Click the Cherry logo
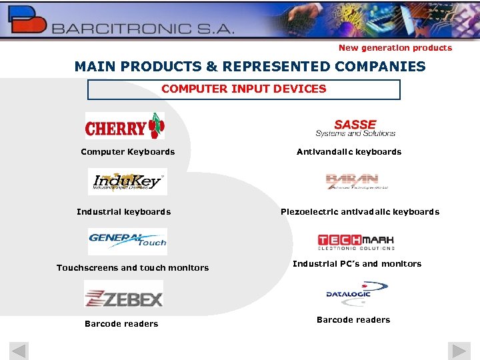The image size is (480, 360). coord(125,126)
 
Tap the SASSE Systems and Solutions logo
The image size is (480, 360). coord(355,127)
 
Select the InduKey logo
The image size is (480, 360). coord(127,181)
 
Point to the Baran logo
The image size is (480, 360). coord(352,181)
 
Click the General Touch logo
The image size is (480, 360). coord(127,241)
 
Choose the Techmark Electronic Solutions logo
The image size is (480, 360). coord(355,241)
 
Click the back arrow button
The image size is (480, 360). coord(19,351)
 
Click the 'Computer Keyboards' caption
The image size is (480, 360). coord(127,152)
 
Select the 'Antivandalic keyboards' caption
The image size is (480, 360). coord(349,152)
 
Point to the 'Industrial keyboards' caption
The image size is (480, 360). coord(123,212)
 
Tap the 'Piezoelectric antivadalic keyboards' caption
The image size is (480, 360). coord(360,212)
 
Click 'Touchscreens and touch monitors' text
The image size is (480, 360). coord(133,268)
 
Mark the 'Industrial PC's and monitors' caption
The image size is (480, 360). coord(357,264)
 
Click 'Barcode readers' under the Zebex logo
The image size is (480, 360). coord(121,324)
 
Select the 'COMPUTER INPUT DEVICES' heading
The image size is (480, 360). coord(244,89)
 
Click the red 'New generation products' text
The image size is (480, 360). coord(395,48)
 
